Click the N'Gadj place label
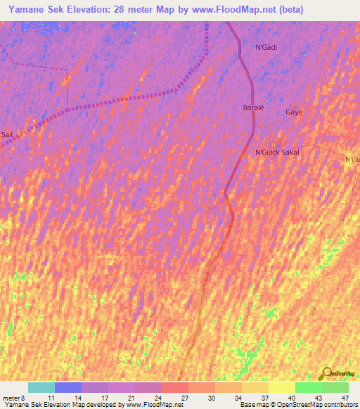(266, 47)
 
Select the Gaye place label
(293, 112)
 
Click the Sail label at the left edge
(6, 134)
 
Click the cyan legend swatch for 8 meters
(41, 387)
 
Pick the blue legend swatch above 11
(67, 387)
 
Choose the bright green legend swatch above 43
(308, 387)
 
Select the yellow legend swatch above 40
(281, 387)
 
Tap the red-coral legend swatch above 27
(174, 387)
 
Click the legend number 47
(345, 398)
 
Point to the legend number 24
(158, 398)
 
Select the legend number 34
(238, 398)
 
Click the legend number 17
(105, 398)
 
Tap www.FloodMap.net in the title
(232, 11)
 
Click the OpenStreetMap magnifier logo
(326, 373)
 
